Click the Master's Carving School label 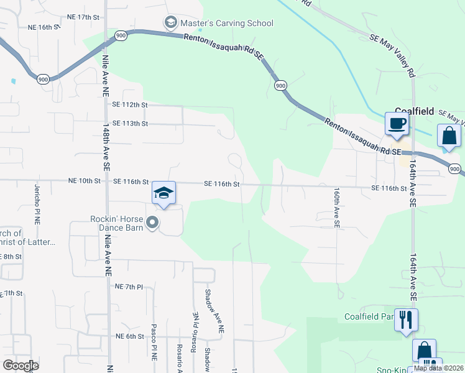coord(226,24)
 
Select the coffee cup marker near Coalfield coord(396,122)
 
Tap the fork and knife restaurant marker coord(406,320)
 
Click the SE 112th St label coord(130,105)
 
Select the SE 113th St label coord(130,123)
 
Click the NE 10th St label coord(84,181)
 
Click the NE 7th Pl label coord(129,287)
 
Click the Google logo coord(21,365)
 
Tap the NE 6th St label coord(129,336)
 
